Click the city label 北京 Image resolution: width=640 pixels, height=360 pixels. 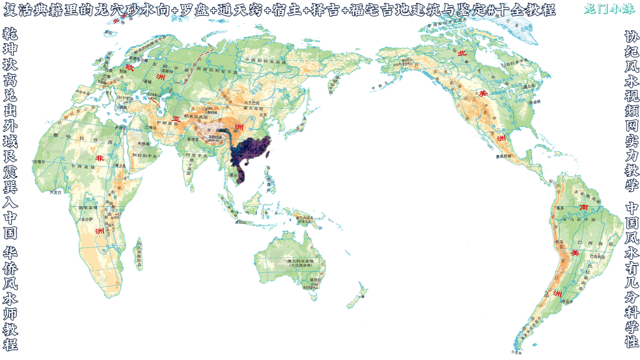[x=263, y=115]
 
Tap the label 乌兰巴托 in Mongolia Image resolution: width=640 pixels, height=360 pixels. [x=252, y=103]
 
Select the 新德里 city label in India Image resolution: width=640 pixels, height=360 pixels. [x=193, y=139]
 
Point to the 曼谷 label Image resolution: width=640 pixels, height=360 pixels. [x=233, y=175]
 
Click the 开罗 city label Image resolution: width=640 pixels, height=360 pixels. [x=119, y=127]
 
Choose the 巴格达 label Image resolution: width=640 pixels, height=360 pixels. [x=150, y=127]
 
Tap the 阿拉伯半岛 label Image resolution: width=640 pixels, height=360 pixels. [x=144, y=155]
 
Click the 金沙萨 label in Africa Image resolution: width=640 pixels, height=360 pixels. [x=87, y=219]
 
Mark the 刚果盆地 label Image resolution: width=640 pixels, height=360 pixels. [x=88, y=208]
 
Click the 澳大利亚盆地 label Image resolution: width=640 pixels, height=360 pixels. [x=300, y=261]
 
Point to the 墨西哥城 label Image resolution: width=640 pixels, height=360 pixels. [x=503, y=156]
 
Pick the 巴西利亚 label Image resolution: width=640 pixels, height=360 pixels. [x=597, y=256]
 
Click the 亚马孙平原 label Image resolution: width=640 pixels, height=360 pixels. [x=579, y=220]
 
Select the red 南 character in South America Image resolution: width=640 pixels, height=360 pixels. [x=583, y=207]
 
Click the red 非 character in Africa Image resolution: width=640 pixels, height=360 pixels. [x=100, y=158]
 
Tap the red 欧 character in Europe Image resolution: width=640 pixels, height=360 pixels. [x=129, y=67]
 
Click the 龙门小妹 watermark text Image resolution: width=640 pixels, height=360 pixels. [x=609, y=9]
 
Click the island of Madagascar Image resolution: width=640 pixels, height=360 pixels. [x=139, y=254]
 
